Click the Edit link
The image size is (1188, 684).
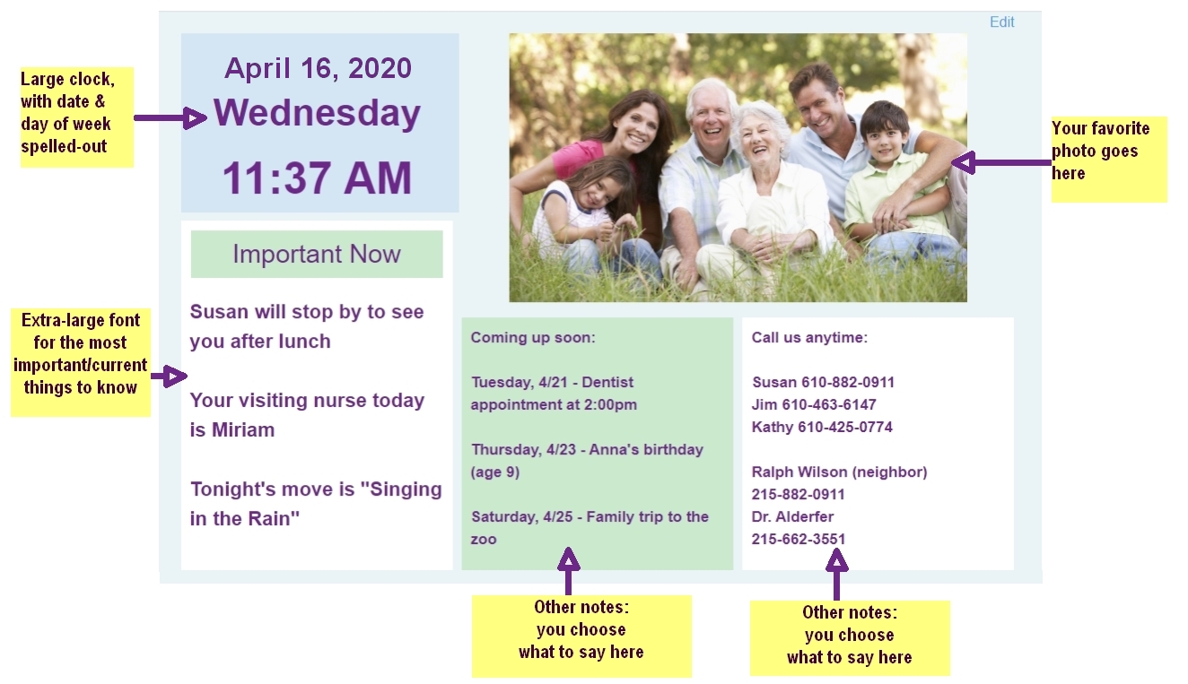click(x=1001, y=22)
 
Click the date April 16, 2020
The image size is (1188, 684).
click(x=318, y=68)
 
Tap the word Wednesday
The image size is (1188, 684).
click(x=317, y=113)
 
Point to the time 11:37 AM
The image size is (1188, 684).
click(x=317, y=177)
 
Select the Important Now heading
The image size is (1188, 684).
click(x=317, y=255)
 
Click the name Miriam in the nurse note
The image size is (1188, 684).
click(x=243, y=429)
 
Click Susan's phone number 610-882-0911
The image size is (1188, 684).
click(x=848, y=382)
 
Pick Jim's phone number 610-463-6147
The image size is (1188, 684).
click(x=829, y=405)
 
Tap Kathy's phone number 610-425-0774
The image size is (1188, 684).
click(x=845, y=427)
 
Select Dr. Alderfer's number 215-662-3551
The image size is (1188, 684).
click(x=799, y=540)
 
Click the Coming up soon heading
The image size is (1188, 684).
click(x=533, y=337)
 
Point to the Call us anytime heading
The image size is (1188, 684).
click(x=809, y=337)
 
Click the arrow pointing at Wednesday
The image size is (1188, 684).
click(x=170, y=117)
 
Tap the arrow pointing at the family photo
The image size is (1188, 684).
click(x=1001, y=162)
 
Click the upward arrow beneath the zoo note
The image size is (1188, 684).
click(x=569, y=571)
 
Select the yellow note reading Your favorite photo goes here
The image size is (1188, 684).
click(x=1109, y=160)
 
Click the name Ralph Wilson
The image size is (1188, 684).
click(x=796, y=472)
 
